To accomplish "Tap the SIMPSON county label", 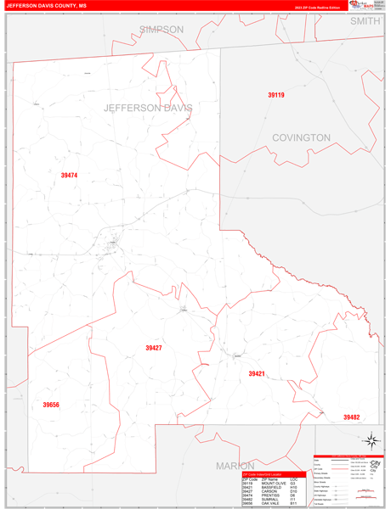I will [161, 29].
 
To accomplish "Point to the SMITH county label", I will [365, 20].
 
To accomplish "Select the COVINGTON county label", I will [301, 137].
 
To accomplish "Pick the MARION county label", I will [235, 466].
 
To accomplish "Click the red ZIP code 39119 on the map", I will [276, 95].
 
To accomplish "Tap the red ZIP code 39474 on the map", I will [69, 176].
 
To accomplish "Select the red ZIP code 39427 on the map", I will [154, 348].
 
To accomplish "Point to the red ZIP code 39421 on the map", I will [257, 373].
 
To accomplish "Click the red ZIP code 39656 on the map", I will [51, 405].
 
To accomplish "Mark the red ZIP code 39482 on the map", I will [352, 417].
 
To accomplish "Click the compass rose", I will [371, 439].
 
